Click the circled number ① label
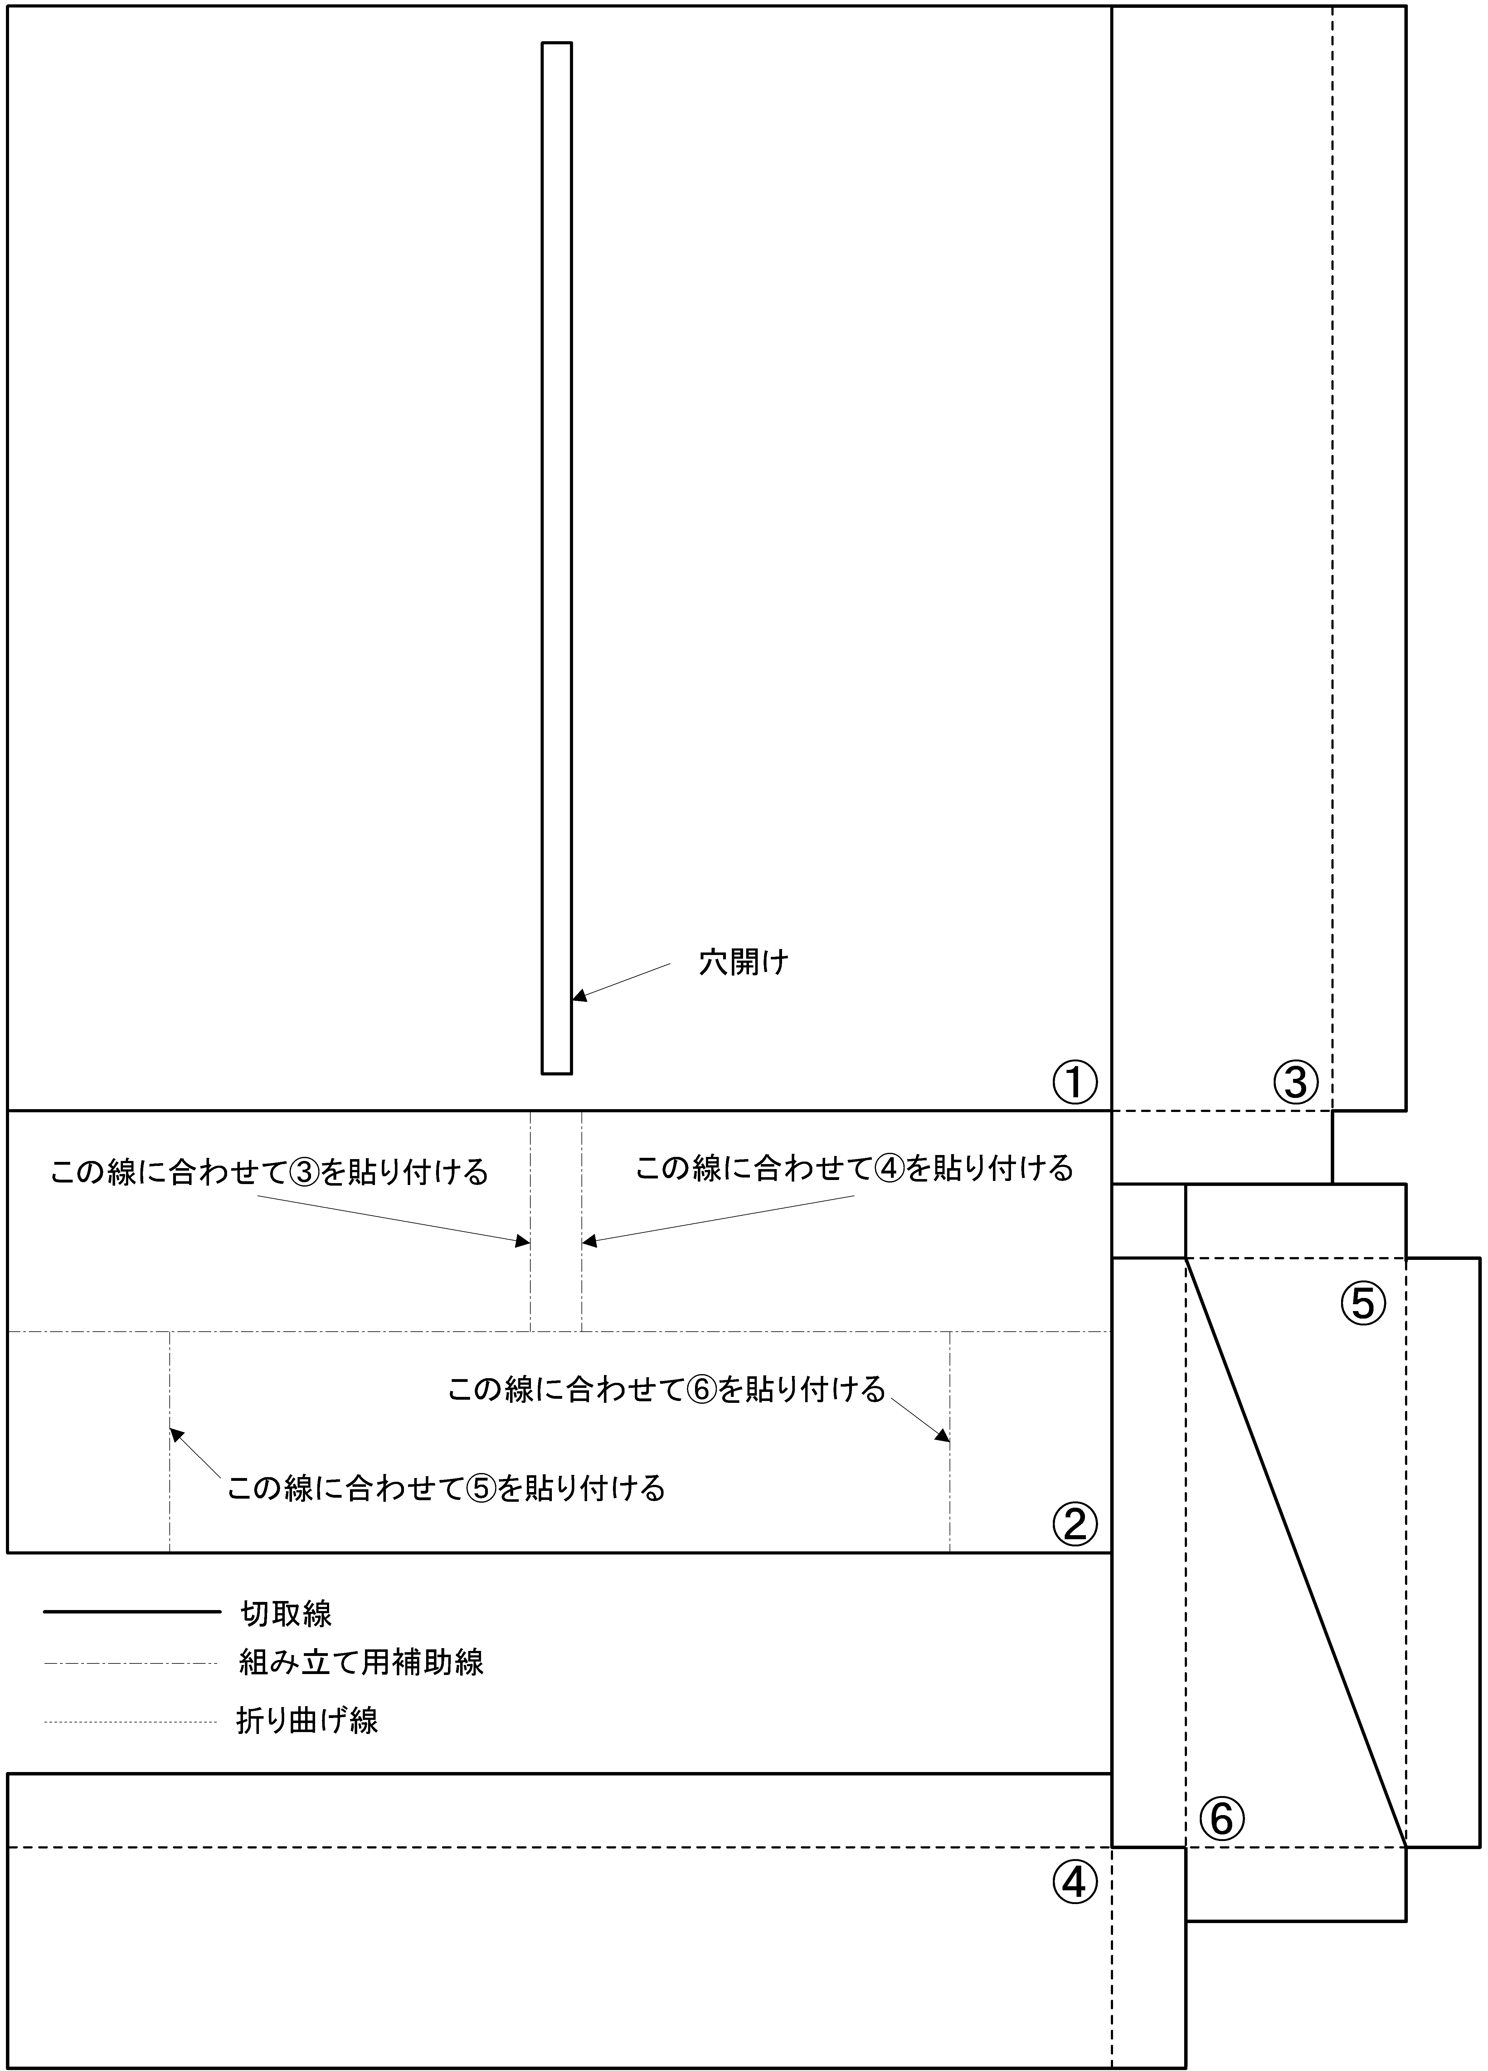[1074, 1083]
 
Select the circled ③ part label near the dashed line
[1296, 1083]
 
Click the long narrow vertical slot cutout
[557, 558]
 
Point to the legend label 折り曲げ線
[308, 1721]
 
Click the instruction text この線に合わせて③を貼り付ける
[269, 1172]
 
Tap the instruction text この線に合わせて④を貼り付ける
[854, 1168]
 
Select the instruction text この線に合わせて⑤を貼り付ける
[446, 1488]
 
